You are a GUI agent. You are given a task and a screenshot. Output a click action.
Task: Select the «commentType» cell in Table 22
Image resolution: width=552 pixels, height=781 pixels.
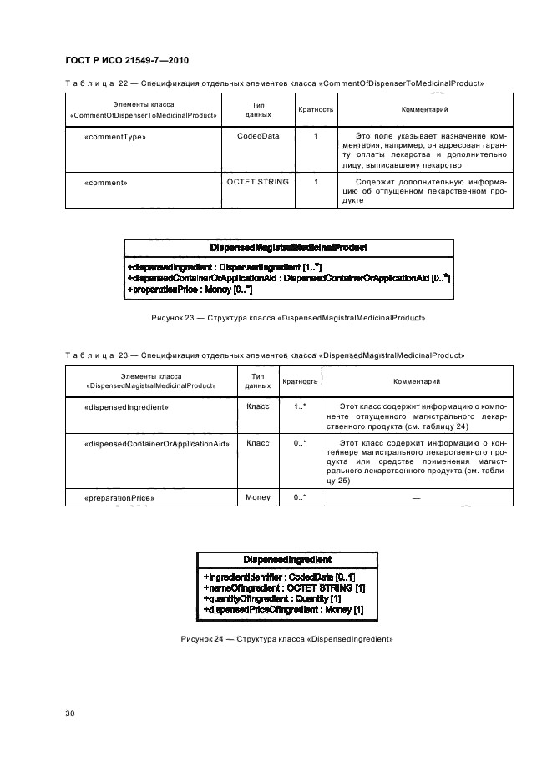click(x=104, y=136)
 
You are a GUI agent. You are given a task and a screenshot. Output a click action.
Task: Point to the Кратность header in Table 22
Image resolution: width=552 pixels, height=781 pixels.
click(x=316, y=109)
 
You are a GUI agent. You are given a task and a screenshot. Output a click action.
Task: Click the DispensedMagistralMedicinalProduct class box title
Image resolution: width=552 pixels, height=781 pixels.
click(x=289, y=247)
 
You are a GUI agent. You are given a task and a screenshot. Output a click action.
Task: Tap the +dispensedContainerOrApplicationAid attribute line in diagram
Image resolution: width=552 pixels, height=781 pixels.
click(x=288, y=277)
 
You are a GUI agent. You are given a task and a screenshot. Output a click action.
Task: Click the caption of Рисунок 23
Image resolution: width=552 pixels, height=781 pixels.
click(x=288, y=318)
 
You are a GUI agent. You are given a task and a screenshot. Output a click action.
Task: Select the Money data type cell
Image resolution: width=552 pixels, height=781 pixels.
click(x=257, y=497)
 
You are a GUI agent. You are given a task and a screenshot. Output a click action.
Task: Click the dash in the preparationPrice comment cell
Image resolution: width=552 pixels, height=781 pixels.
click(x=416, y=498)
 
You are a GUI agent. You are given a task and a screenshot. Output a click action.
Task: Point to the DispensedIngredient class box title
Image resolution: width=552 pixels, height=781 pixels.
click(x=286, y=559)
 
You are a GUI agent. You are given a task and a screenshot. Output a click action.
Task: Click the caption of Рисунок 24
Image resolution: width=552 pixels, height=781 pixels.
click(x=286, y=639)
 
